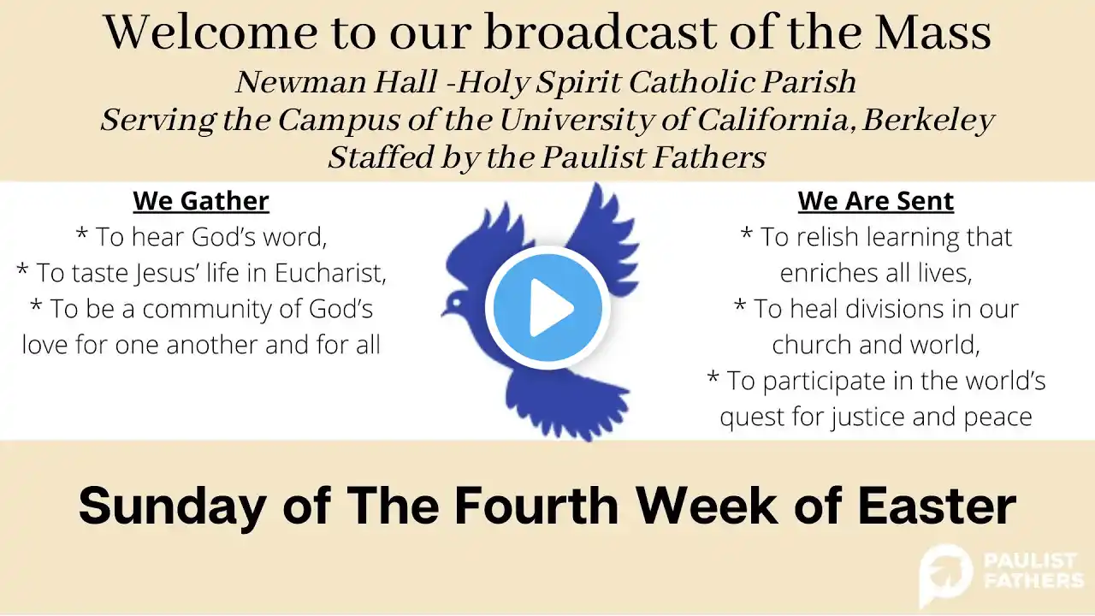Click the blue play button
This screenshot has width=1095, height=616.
[x=547, y=308]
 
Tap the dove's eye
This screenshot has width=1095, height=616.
[x=456, y=303]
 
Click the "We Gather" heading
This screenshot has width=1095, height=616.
[x=201, y=201]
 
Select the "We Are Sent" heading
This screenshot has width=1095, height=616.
[x=875, y=201]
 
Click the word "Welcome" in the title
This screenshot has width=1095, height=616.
[x=210, y=33]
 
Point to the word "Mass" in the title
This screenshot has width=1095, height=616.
[x=932, y=33]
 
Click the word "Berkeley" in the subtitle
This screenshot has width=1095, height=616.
[x=928, y=121]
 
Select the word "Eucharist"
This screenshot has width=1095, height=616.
[x=330, y=273]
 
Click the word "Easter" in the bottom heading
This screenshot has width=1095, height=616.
[x=937, y=506]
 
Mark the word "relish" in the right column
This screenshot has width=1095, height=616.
[x=826, y=237]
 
